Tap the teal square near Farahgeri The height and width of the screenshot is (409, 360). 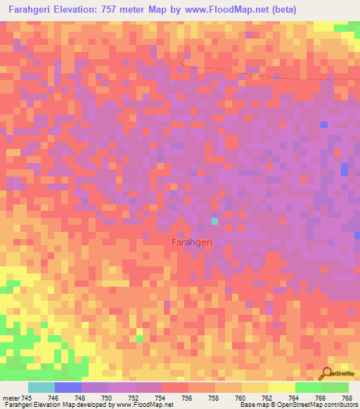pyautogui.click(x=215, y=221)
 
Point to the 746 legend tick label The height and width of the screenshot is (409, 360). pyautogui.click(x=53, y=398)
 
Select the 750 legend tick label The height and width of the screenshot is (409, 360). pyautogui.click(x=106, y=398)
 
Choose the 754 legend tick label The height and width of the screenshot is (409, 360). pyautogui.click(x=160, y=398)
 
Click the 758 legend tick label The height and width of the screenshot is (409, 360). pyautogui.click(x=213, y=398)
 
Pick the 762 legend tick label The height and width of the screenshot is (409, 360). pyautogui.click(x=266, y=398)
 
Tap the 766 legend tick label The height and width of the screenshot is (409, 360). pyautogui.click(x=320, y=398)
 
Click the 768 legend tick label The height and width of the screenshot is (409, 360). pyautogui.click(x=347, y=398)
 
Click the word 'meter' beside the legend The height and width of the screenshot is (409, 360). pyautogui.click(x=13, y=398)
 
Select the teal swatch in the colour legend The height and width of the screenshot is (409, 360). pyautogui.click(x=41, y=387)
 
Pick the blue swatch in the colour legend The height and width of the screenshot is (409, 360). pyautogui.click(x=68, y=387)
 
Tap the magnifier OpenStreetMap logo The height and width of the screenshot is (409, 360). pyautogui.click(x=327, y=375)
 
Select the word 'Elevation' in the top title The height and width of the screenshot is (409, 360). pyautogui.click(x=79, y=9)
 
